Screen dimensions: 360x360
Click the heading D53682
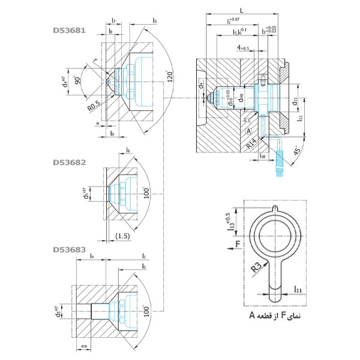tap(70, 162)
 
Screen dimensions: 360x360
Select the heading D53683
tap(70, 249)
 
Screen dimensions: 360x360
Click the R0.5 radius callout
tap(92, 106)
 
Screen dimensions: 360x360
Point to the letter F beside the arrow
tap(238, 244)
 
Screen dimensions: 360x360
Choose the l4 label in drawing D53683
tap(91, 257)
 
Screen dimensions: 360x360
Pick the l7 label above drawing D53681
tap(114, 21)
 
